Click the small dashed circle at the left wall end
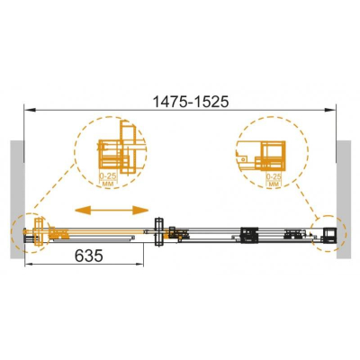click(31, 233)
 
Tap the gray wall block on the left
click(15, 188)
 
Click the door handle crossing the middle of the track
click(160, 233)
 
